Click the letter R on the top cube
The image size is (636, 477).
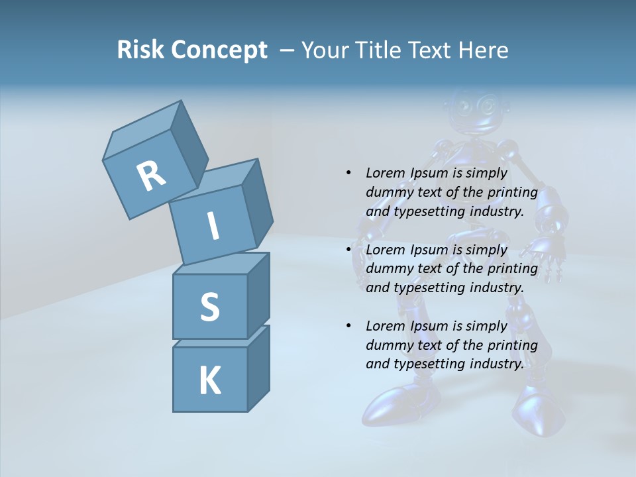click(x=151, y=176)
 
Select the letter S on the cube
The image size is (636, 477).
click(x=209, y=307)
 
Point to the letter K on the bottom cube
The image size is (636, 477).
click(x=209, y=381)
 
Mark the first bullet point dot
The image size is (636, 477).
click(x=348, y=173)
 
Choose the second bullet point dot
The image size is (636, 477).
click(x=348, y=250)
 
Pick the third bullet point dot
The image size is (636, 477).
click(x=348, y=326)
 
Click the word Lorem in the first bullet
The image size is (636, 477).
click(x=384, y=173)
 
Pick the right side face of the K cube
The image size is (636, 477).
click(x=258, y=368)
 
